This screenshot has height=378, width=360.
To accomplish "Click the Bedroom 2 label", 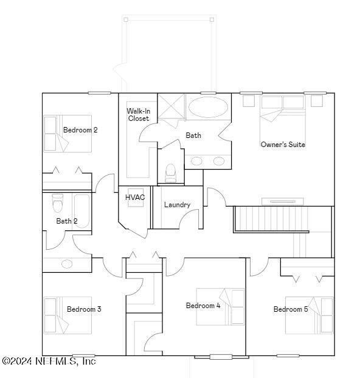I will tap(80, 130).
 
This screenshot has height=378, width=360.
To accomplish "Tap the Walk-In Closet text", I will tap(138, 114).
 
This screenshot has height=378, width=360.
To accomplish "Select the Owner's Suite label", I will tap(283, 145).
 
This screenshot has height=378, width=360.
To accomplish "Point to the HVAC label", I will tap(135, 198).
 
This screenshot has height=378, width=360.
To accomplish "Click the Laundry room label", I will tap(177, 205).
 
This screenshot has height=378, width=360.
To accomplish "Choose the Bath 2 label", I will tap(67, 221).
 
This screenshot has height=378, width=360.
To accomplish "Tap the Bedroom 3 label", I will tap(84, 309).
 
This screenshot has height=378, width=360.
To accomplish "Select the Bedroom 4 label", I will tap(203, 306).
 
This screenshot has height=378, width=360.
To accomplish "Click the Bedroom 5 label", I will tap(291, 309).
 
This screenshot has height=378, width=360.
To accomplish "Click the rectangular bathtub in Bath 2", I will tap(81, 211).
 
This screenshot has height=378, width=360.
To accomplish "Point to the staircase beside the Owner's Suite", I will tap(271, 219).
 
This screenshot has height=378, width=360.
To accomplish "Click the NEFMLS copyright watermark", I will tap(49, 361).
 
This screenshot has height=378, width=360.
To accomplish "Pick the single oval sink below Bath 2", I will tap(67, 264).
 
